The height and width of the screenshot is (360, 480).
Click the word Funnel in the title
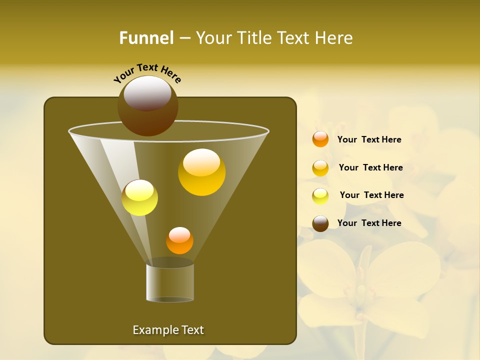[146, 38]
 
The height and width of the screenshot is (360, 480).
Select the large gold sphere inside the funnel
[201, 172]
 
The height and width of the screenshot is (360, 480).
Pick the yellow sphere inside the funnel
[139, 197]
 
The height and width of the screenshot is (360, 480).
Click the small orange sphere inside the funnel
[179, 240]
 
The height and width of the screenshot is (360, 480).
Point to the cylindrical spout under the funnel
[170, 282]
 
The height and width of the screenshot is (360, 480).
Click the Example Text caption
[168, 330]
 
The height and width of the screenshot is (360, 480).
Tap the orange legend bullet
[320, 139]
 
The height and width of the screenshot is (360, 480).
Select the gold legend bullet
[320, 168]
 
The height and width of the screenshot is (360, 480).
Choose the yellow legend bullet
[320, 196]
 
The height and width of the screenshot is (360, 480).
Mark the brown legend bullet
[320, 223]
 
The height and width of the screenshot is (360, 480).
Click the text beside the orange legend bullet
[369, 139]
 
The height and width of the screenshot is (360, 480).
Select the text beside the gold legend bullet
[370, 167]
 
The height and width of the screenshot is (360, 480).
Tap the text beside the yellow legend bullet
[371, 195]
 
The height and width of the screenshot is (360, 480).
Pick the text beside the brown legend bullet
[369, 223]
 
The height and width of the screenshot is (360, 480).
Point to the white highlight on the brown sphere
[147, 93]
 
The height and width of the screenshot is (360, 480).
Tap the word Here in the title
[332, 38]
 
